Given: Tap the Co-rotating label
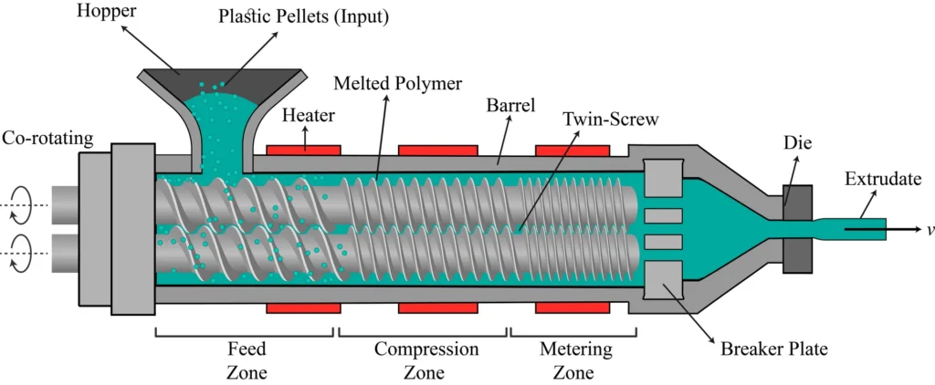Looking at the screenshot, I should click(47, 139).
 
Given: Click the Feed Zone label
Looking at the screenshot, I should click(246, 359).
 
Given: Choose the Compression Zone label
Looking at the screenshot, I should click(425, 359).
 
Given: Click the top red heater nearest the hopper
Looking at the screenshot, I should click(303, 148).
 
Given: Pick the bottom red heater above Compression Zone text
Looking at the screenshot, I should click(438, 307).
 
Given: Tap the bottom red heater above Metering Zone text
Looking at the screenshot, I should click(573, 307).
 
